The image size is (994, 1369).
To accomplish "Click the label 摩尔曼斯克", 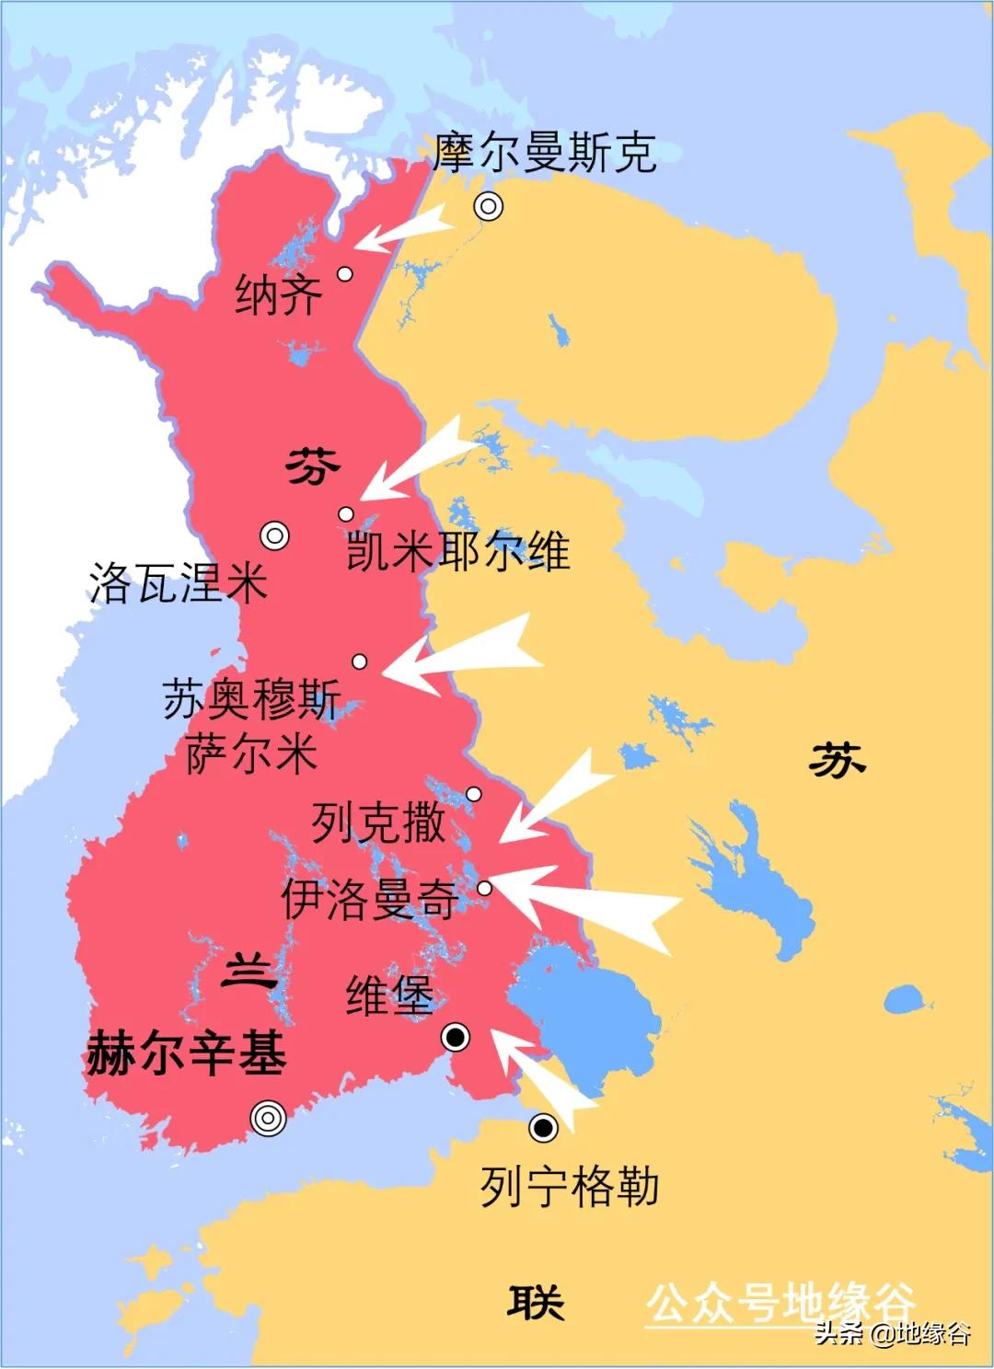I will click(x=545, y=153).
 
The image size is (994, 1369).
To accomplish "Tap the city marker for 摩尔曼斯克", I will click(x=489, y=207).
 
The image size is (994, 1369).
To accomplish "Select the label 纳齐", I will click(x=279, y=295).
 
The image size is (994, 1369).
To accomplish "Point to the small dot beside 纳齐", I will click(x=345, y=273).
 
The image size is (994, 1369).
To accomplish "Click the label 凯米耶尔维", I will click(x=457, y=552).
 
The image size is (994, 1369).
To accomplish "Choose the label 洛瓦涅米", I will click(x=179, y=583).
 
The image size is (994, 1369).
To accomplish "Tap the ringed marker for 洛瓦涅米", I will click(x=274, y=535).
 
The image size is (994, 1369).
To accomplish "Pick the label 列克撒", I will click(x=378, y=822).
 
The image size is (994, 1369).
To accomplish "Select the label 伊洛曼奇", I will click(x=369, y=899).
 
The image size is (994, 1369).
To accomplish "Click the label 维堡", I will click(x=389, y=995).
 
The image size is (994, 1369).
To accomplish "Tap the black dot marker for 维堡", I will click(x=456, y=1038).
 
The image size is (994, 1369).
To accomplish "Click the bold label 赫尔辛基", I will click(x=186, y=1053).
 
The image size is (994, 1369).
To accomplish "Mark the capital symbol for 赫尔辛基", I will click(x=268, y=1118).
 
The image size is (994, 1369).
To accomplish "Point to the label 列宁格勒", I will click(x=570, y=1187).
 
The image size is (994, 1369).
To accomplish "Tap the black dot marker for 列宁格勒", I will click(x=543, y=1127).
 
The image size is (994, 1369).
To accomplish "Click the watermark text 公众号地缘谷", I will click(x=780, y=1303).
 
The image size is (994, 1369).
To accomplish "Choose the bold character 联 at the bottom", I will click(x=535, y=1303).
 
